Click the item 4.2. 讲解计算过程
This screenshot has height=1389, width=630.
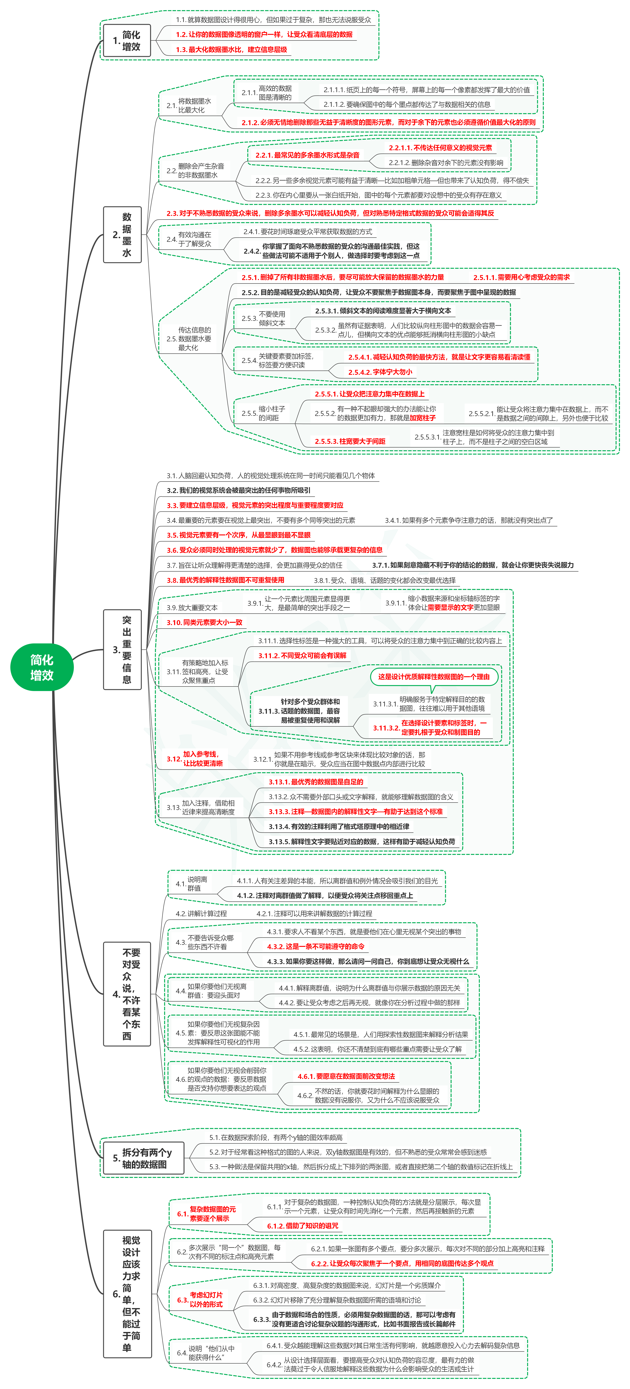pyautogui.click(x=201, y=913)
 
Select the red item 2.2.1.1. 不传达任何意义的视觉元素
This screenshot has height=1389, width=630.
pyautogui.click(x=440, y=148)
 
